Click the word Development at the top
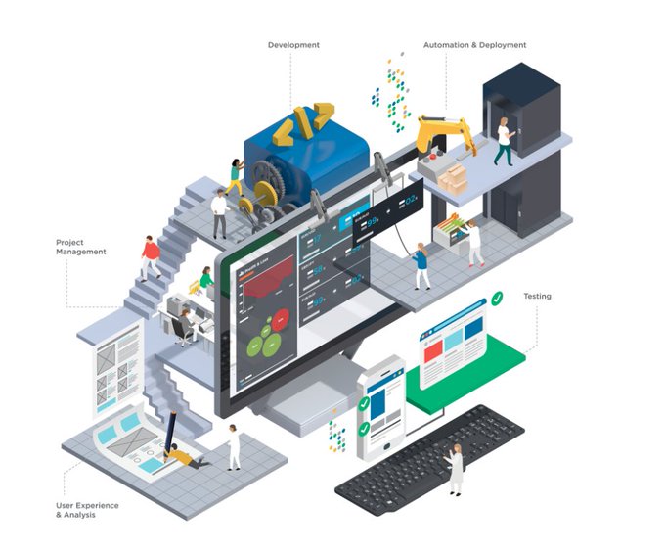point(293,45)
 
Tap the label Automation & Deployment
point(474,45)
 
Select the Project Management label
point(81,246)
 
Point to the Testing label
point(537,296)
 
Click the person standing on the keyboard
point(455,468)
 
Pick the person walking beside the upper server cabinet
point(503,142)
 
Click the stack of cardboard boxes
point(453,178)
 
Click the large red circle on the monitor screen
point(282,320)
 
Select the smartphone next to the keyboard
point(380,407)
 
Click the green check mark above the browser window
point(498,295)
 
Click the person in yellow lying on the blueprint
point(186,456)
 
